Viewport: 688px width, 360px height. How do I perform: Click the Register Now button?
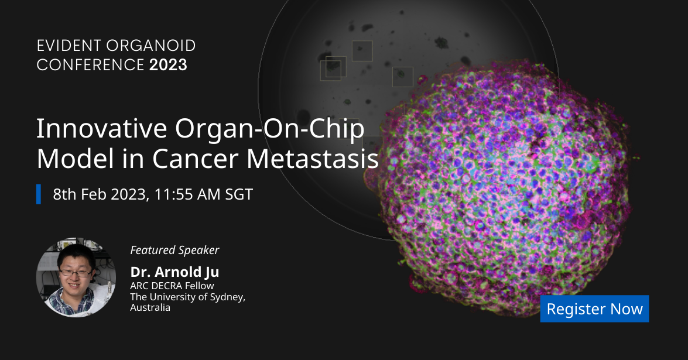594,308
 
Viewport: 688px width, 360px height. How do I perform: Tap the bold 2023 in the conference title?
168,65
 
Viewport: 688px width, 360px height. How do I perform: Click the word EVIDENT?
69,46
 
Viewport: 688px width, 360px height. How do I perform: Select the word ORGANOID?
151,46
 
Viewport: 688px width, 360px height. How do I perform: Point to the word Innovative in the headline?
101,128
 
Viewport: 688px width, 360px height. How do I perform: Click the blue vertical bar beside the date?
39,194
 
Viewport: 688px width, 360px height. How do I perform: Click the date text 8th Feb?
80,194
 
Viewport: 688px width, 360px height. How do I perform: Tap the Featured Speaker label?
174,250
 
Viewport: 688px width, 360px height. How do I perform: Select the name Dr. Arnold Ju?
174,272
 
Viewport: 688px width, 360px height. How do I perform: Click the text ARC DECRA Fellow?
172,286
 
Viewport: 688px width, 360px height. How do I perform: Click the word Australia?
150,307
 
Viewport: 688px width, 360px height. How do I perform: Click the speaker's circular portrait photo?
76,277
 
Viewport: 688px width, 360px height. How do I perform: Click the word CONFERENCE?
90,65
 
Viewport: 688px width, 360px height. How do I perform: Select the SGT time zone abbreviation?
239,194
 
